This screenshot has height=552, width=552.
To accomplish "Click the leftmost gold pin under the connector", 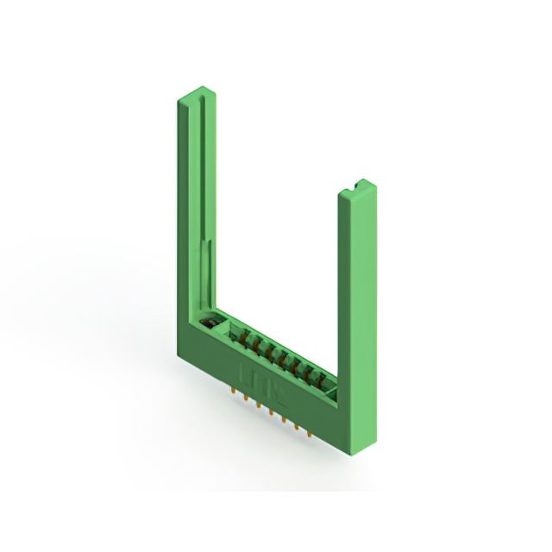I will [x=235, y=390].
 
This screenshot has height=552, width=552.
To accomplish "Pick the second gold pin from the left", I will [x=247, y=397].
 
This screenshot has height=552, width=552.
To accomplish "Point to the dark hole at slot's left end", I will [x=208, y=323].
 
